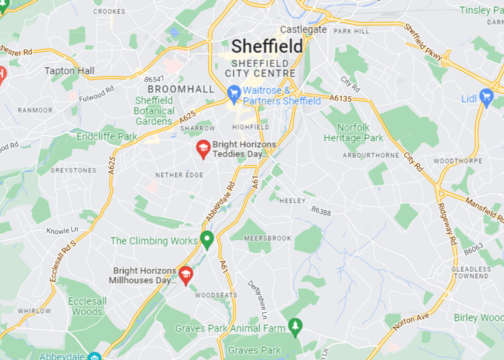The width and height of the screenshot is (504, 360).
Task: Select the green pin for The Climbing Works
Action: click(207, 240)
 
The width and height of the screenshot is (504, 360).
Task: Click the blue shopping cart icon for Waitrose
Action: click(234, 94)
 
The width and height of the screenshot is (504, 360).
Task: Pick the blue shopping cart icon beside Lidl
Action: click(486, 98)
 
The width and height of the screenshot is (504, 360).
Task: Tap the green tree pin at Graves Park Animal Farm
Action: click(295, 327)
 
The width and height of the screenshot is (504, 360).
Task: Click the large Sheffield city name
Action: click(267, 46)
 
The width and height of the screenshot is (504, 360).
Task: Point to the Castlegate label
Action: click(303, 30)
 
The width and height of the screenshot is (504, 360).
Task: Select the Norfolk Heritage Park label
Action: click(353, 133)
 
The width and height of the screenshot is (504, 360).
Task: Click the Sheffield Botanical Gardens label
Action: click(154, 111)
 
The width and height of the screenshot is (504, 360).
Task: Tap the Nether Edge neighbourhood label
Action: click(179, 175)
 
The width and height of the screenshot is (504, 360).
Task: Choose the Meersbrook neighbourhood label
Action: click(267, 238)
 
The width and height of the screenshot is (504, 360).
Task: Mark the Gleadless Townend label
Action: click(471, 273)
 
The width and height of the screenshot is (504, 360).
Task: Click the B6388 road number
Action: click(321, 211)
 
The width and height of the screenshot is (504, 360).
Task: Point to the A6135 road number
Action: click(340, 98)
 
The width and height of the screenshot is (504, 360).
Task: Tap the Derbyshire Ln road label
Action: click(257, 300)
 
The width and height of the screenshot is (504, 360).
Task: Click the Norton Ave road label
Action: click(411, 321)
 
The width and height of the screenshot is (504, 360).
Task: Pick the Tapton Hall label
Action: click(69, 71)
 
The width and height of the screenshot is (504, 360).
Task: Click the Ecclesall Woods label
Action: click(87, 306)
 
